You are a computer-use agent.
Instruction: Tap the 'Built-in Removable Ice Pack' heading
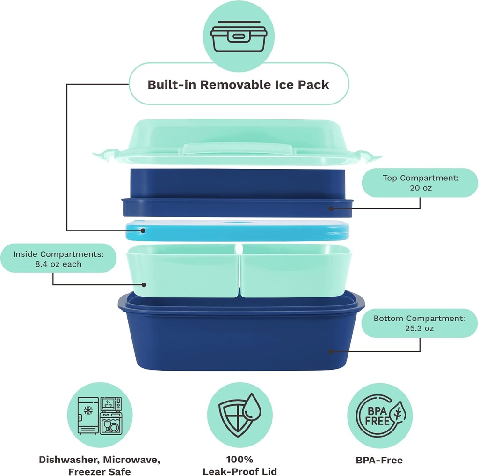pyautogui.click(x=239, y=85)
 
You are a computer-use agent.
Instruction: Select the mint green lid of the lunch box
pyautogui.click(x=239, y=136)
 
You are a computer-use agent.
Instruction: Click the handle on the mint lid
pyautogui.click(x=239, y=149)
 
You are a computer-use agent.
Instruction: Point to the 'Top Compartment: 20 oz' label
pyautogui.click(x=420, y=183)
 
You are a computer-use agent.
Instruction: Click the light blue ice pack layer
pyautogui.click(x=239, y=231)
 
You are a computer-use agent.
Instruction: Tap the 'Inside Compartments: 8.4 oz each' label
pyautogui.click(x=58, y=259)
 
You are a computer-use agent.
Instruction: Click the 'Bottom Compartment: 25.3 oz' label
pyautogui.click(x=419, y=323)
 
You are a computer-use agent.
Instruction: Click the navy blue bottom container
pyautogui.click(x=240, y=337)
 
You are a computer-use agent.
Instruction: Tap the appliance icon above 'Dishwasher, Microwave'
pyautogui.click(x=100, y=415)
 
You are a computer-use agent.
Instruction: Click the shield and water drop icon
pyautogui.click(x=239, y=415)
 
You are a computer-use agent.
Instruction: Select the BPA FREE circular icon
pyautogui.click(x=379, y=415)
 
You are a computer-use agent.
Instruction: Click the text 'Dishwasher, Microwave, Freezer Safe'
pyautogui.click(x=99, y=465)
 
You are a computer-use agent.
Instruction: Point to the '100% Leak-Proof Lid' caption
pyautogui.click(x=239, y=465)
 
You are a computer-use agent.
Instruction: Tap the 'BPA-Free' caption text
pyautogui.click(x=379, y=460)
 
